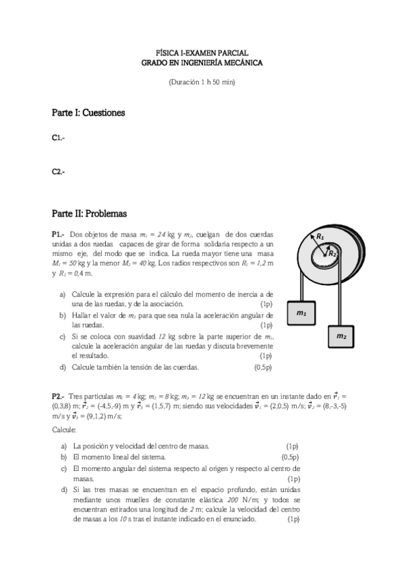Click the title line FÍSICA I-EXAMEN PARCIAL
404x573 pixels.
coord(202,52)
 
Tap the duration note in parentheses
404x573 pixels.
coord(202,82)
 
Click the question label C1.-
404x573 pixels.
coord(59,138)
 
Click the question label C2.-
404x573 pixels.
coord(59,172)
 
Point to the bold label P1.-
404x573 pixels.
coord(59,234)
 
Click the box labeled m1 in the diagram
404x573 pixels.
coord(302,313)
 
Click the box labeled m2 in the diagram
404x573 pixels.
coord(342,336)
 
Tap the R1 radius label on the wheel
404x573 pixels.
coord(320,237)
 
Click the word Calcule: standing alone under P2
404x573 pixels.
coord(64,429)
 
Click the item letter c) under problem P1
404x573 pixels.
coord(63,336)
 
